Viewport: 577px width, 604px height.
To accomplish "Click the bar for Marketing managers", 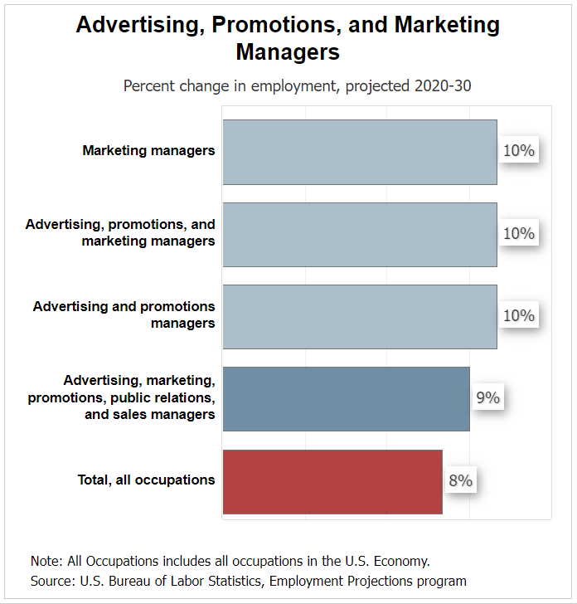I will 359,152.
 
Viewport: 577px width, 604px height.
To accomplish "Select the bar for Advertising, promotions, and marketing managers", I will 359,234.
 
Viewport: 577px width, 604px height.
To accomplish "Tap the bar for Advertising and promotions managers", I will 359,316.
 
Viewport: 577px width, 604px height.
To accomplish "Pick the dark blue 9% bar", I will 346,398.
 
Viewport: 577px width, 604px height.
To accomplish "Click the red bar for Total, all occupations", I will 332,481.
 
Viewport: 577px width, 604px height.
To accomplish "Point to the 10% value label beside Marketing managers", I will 519,151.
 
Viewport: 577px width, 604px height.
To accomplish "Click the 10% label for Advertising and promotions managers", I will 519,315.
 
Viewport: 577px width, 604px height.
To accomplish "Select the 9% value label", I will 487,398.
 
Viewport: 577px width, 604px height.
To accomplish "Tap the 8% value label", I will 460,480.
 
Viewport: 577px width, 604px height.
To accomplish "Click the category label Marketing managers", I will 148,151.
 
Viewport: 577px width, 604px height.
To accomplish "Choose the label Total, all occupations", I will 146,480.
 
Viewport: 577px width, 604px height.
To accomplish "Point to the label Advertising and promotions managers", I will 124,314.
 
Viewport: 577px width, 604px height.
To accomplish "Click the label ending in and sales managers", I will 150,414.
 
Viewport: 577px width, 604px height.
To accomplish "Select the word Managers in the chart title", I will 288,51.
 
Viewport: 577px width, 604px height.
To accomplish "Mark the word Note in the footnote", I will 46,560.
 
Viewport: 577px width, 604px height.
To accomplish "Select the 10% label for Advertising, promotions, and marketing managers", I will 519,233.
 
